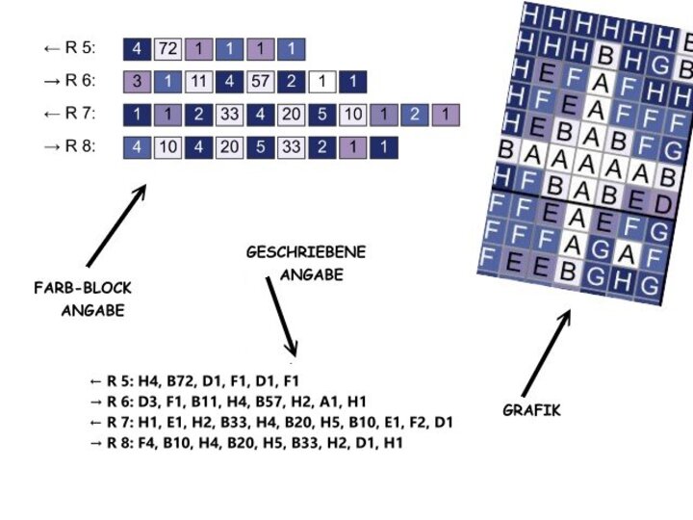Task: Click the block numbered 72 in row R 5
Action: coord(167,47)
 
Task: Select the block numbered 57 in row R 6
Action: coord(261,82)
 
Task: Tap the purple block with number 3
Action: coord(137,82)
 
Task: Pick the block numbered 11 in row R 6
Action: coord(199,82)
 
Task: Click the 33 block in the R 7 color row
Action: coord(230,115)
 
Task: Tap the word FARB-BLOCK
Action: coord(83,288)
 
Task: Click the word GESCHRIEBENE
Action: coord(306,253)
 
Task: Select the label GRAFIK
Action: coord(531,410)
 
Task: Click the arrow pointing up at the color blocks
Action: coord(115,225)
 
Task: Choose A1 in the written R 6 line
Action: coord(329,402)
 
